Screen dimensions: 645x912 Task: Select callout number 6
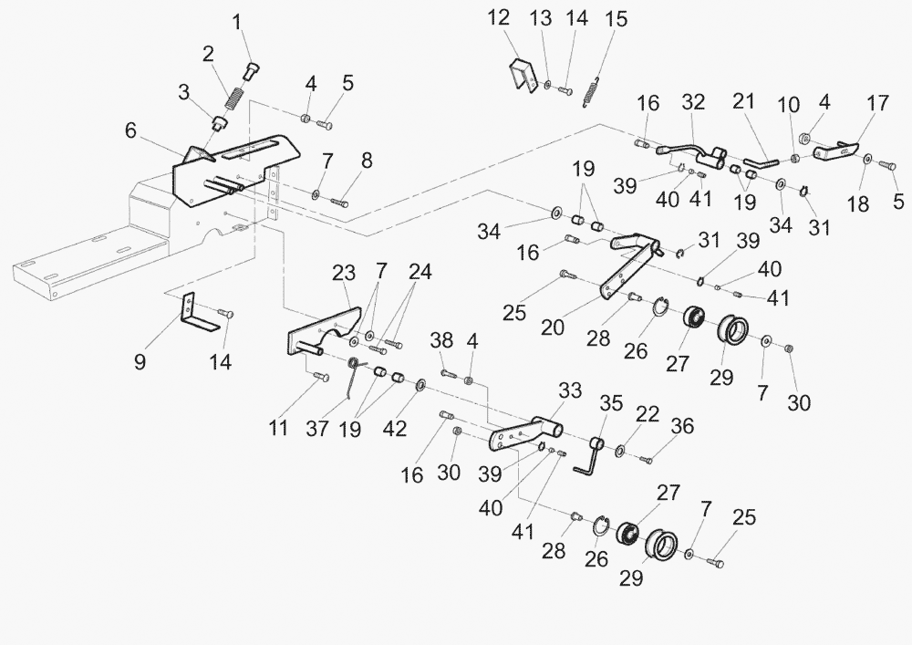point(131,131)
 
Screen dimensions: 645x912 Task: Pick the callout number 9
point(140,361)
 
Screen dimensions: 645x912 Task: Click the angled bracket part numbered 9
point(195,316)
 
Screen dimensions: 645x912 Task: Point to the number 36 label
point(682,426)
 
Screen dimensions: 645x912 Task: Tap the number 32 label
point(693,102)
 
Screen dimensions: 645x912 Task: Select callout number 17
point(877,103)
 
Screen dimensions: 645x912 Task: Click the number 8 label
point(367,161)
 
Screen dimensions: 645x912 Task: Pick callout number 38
point(442,339)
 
